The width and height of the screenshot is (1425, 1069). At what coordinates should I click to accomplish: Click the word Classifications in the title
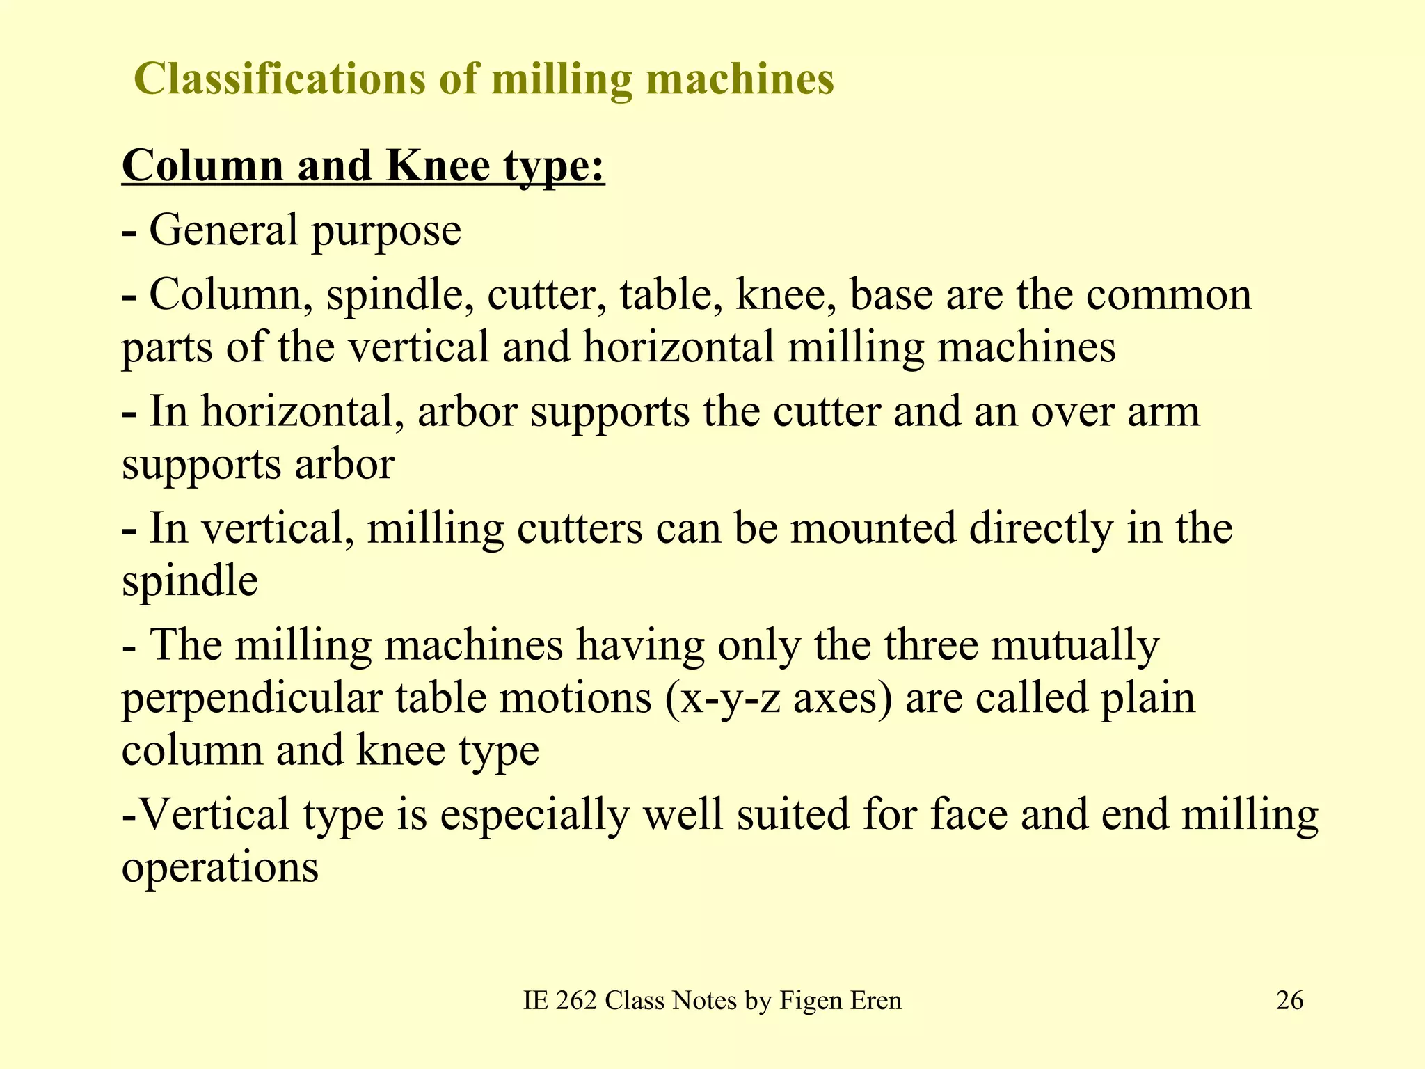[279, 79]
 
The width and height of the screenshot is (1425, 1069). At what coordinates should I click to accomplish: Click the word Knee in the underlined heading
[438, 166]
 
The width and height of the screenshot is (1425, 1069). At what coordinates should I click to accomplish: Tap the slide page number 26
[1289, 1001]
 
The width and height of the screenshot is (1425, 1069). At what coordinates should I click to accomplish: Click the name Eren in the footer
[875, 1001]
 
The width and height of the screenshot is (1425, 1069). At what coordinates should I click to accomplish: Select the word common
[1169, 295]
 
